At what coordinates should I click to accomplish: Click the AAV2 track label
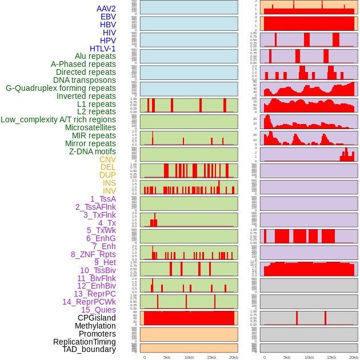[x=106, y=9]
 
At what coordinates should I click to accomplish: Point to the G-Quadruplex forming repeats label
[x=61, y=88]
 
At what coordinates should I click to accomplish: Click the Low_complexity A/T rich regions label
[x=58, y=119]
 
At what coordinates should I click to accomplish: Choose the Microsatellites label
[x=90, y=127]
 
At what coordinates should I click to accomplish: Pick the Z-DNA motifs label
[x=92, y=151]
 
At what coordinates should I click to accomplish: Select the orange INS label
[x=109, y=183]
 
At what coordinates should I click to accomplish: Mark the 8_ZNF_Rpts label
[x=93, y=254]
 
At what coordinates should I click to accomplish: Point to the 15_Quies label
[x=98, y=310]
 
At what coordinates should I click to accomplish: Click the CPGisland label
[x=97, y=318]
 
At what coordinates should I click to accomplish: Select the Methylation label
[x=95, y=326]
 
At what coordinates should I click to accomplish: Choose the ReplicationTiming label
[x=84, y=342]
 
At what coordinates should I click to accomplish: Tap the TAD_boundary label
[x=89, y=349]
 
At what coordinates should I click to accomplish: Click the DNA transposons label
[x=84, y=80]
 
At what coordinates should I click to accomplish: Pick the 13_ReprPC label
[x=94, y=294]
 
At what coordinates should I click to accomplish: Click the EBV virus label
[x=108, y=17]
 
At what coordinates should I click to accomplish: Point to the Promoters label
[x=97, y=334]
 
